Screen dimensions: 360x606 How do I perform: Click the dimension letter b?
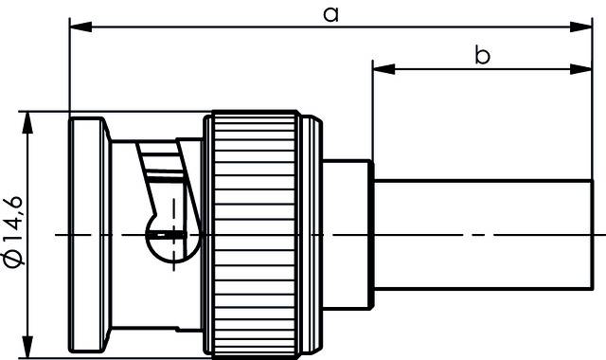(482, 56)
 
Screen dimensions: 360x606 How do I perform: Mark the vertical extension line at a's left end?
(69, 66)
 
